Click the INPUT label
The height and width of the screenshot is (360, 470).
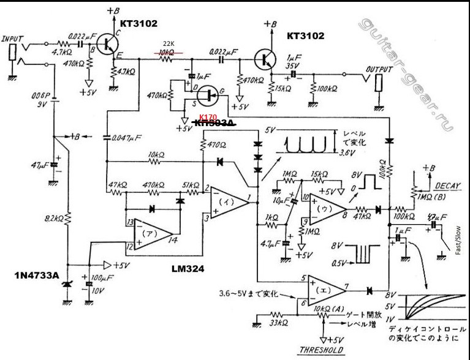pyautogui.click(x=13, y=39)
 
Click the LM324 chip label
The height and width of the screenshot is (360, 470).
pyautogui.click(x=188, y=268)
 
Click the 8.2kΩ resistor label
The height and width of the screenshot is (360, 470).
pyautogui.click(x=53, y=218)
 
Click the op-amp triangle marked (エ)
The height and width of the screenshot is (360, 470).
pyautogui.click(x=324, y=288)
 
